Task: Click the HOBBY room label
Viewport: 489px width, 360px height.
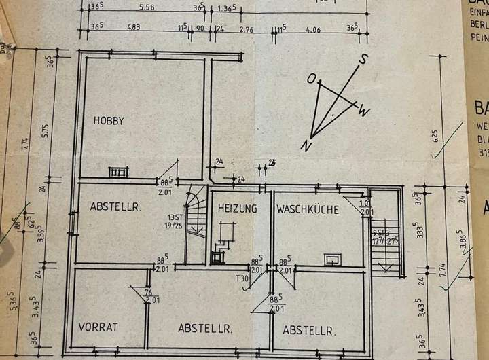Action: pyautogui.click(x=109, y=121)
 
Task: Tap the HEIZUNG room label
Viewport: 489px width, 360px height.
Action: pyautogui.click(x=237, y=209)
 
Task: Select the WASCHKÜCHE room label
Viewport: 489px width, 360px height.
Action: pyautogui.click(x=307, y=209)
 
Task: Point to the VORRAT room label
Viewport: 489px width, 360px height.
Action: pyautogui.click(x=98, y=327)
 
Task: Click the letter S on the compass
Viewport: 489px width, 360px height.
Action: pyautogui.click(x=364, y=58)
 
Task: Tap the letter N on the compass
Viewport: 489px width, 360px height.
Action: pyautogui.click(x=307, y=145)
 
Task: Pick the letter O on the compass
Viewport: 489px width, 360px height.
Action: pyautogui.click(x=312, y=79)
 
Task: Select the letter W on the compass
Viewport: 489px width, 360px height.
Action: pyautogui.click(x=365, y=111)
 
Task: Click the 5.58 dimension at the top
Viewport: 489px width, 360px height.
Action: pyautogui.click(x=146, y=8)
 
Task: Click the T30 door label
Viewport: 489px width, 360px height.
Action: pyautogui.click(x=241, y=278)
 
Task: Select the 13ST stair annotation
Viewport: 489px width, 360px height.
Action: pyautogui.click(x=175, y=218)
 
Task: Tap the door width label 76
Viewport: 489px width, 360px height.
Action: pyautogui.click(x=149, y=292)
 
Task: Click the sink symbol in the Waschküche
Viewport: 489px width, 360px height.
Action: pyautogui.click(x=332, y=259)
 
